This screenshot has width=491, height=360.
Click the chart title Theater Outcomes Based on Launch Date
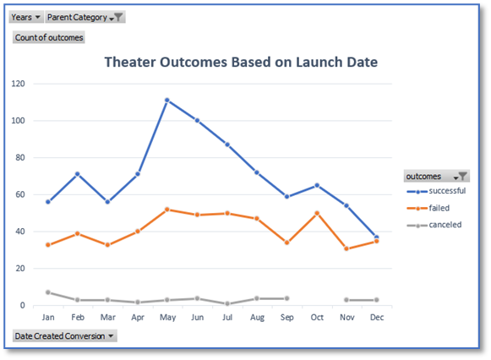tap(241, 62)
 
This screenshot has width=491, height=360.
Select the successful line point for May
tap(167, 101)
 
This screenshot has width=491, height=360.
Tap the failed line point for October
tap(317, 213)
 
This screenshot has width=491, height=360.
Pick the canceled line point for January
tap(48, 292)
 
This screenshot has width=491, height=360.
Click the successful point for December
tap(376, 237)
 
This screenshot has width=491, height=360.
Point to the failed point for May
tap(167, 209)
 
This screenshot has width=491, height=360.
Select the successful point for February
tap(78, 174)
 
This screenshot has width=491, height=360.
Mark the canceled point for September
tap(287, 298)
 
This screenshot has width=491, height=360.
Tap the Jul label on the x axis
tap(227, 316)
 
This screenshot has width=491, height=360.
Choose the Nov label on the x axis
tap(346, 316)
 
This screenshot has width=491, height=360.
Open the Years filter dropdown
tap(26, 17)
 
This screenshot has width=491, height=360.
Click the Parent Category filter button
tap(85, 17)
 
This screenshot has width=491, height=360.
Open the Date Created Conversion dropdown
tap(64, 336)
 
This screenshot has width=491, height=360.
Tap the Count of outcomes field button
tap(49, 37)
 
